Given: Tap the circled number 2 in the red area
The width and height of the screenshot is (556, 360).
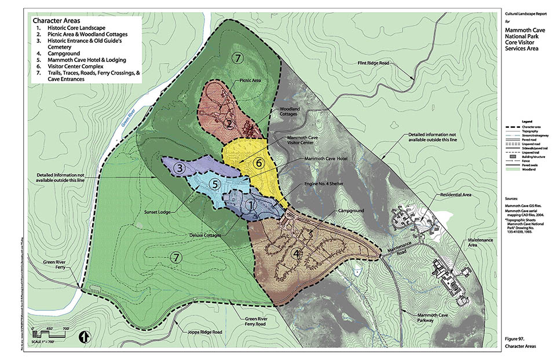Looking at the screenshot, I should (229, 124).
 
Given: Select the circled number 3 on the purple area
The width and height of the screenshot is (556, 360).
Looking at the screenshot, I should (181, 168).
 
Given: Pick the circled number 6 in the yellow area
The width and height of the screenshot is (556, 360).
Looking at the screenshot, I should (259, 163).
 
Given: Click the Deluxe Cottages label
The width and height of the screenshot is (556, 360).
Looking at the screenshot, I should (206, 236).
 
